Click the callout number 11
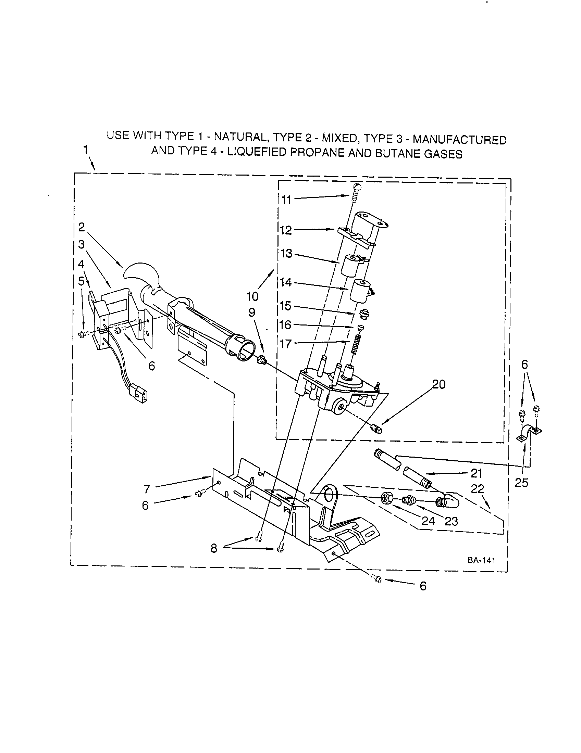click(x=286, y=200)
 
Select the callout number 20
click(x=439, y=384)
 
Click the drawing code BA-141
click(x=481, y=560)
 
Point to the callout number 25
click(x=521, y=483)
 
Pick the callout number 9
click(x=252, y=312)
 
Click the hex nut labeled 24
click(x=386, y=497)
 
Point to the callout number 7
click(x=147, y=488)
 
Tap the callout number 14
click(x=286, y=282)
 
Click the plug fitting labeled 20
click(x=377, y=430)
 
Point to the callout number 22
click(x=477, y=488)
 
